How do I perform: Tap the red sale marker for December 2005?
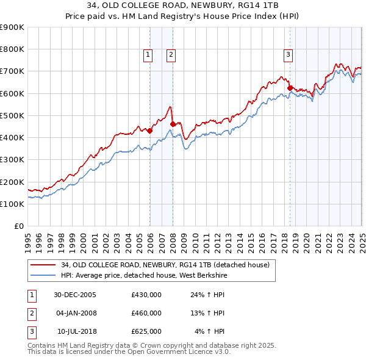(150, 130)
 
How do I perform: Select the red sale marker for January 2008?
(173, 124)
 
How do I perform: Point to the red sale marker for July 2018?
(290, 87)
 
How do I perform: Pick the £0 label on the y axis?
(19, 226)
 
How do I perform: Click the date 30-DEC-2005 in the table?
(75, 295)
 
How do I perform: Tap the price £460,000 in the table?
(146, 313)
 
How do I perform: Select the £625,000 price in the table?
(146, 331)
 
